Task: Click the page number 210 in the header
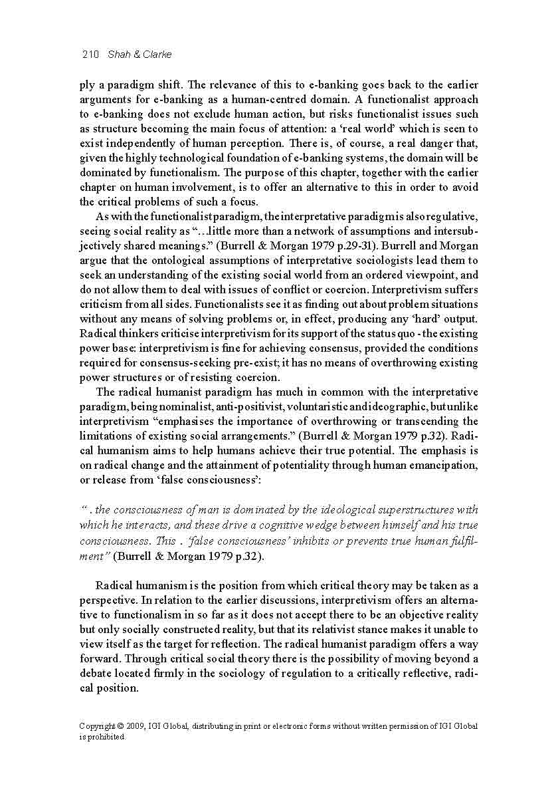click(x=90, y=55)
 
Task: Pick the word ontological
click(x=159, y=260)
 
